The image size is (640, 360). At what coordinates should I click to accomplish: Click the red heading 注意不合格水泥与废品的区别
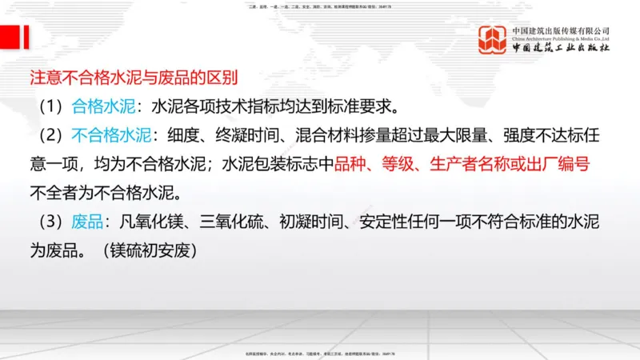click(x=134, y=78)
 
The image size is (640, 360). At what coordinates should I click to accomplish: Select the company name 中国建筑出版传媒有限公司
click(x=561, y=30)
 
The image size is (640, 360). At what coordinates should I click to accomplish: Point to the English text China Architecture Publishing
click(x=561, y=38)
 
